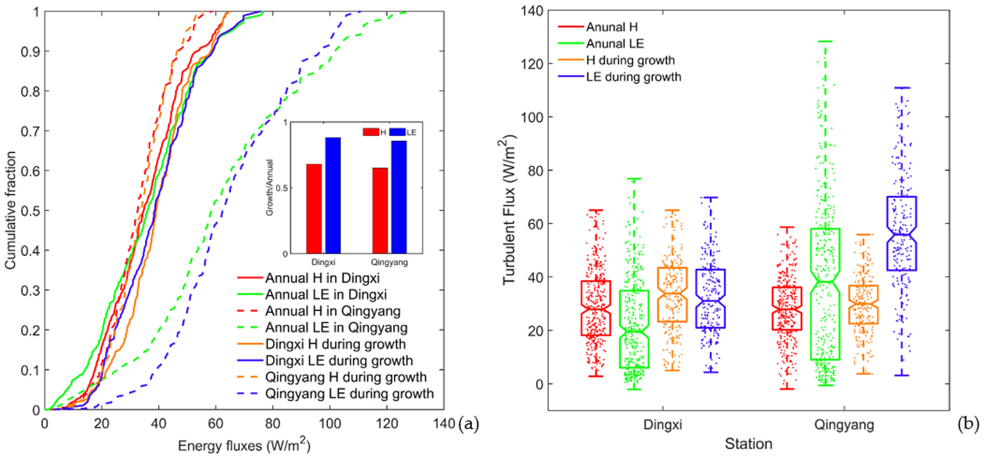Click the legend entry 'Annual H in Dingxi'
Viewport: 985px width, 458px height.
pos(308,278)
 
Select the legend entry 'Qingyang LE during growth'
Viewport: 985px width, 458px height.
pos(335,394)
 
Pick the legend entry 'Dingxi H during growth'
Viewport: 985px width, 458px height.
pos(321,344)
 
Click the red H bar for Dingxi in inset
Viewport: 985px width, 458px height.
pos(314,209)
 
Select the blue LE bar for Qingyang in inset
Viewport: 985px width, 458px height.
pos(399,197)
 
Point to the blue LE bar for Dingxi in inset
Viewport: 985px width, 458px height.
pos(333,195)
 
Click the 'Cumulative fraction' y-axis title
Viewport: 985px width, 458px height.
pos(11,210)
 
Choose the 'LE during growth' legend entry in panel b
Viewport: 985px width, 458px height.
pos(619,77)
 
